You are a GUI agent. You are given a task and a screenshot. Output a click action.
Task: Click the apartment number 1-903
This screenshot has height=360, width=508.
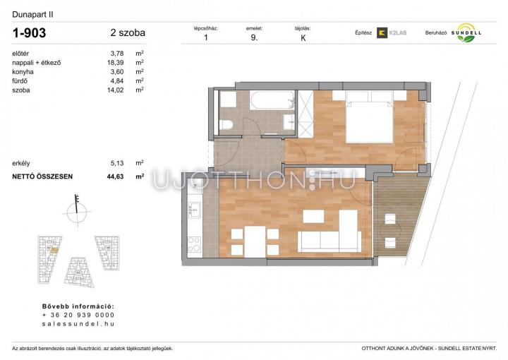[29, 32]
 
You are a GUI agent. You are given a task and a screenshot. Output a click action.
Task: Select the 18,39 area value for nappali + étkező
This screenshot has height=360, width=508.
[115, 63]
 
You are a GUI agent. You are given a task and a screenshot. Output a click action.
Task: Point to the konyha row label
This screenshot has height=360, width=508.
[23, 72]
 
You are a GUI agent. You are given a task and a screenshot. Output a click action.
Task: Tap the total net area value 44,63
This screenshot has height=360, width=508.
[115, 176]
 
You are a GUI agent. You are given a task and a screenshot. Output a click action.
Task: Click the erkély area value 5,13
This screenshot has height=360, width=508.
[117, 163]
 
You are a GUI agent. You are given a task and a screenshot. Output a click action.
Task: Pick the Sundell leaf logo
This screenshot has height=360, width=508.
[466, 32]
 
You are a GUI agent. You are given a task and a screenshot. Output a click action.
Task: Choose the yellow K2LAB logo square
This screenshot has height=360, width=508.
[382, 32]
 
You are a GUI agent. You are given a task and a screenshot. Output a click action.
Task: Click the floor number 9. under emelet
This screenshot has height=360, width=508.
[254, 37]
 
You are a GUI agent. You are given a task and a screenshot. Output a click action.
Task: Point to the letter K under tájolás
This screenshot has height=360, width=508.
[303, 38]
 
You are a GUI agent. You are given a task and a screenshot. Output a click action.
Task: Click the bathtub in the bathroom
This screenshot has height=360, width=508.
[272, 100]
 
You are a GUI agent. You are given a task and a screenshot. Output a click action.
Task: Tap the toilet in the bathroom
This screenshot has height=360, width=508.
[226, 124]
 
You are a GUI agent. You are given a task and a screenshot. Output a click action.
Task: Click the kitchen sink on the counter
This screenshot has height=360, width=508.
[195, 210]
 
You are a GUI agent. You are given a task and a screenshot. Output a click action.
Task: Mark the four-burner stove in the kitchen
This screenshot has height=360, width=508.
[195, 245]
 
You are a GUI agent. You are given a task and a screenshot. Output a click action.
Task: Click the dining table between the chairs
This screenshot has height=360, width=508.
[255, 241]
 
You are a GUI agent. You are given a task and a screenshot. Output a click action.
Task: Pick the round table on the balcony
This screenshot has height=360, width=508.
[390, 231]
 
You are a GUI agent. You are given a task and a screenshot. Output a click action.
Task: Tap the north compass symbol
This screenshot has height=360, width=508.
[77, 210]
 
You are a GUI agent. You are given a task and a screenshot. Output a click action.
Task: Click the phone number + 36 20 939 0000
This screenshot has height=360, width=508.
[78, 315]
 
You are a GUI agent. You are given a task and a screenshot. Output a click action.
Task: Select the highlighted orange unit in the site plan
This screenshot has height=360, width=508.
[54, 250]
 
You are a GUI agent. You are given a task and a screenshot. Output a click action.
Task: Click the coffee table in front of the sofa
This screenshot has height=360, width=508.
[313, 217]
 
